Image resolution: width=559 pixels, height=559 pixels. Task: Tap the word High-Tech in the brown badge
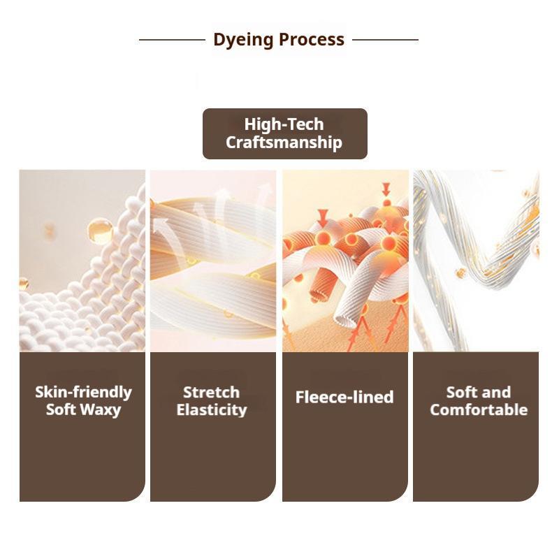[284, 124]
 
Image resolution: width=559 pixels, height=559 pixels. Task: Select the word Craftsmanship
[284, 143]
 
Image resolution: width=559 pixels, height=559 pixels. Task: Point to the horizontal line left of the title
[172, 40]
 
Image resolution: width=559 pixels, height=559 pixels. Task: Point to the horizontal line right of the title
[386, 40]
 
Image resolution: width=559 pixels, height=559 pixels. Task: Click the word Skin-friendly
[83, 392]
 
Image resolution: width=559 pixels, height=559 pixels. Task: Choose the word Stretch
[212, 393]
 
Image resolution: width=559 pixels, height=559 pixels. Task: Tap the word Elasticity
[212, 410]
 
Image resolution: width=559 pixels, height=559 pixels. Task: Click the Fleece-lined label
[344, 397]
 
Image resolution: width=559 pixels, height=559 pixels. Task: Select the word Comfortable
[479, 409]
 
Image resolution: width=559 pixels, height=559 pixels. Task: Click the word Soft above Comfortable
[460, 392]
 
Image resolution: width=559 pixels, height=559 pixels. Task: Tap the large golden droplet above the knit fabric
[100, 231]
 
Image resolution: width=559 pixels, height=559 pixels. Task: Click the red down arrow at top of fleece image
[386, 189]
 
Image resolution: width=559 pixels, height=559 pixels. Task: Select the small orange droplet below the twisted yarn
[460, 273]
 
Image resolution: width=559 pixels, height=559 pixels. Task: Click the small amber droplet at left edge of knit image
[24, 284]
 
